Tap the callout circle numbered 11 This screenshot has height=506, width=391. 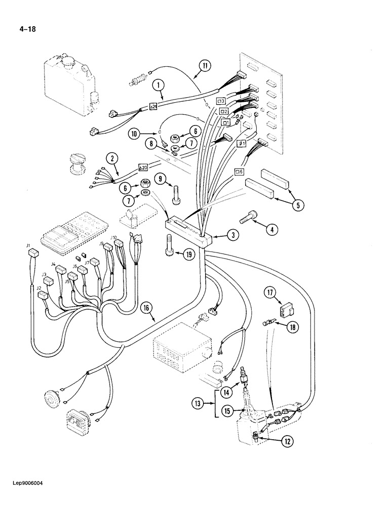pyautogui.click(x=204, y=65)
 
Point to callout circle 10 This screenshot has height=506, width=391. pyautogui.click(x=134, y=134)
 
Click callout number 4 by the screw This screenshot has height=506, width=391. pyautogui.click(x=271, y=229)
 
